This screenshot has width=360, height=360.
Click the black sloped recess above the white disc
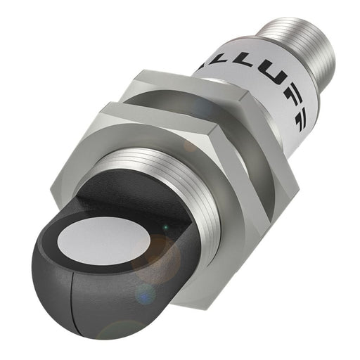coord(112,197)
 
